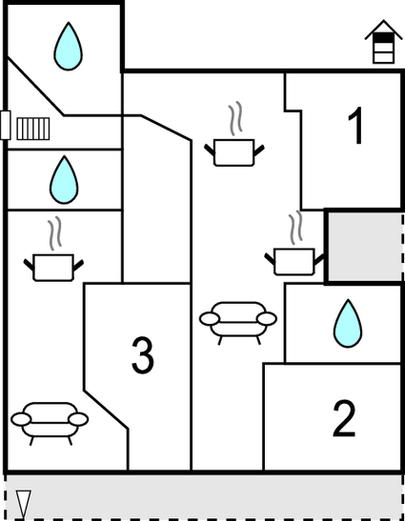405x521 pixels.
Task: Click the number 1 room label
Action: (x=356, y=128)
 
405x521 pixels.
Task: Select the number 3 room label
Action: (x=142, y=354)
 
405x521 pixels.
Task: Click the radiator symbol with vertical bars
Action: (x=32, y=127)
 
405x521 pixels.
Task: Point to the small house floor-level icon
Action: (x=382, y=43)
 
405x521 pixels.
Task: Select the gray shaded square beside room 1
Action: (x=364, y=246)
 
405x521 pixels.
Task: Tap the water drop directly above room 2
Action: (x=347, y=324)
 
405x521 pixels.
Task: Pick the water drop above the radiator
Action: (x=67, y=47)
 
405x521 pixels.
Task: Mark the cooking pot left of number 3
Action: (x=53, y=266)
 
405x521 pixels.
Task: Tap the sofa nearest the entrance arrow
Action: (x=49, y=420)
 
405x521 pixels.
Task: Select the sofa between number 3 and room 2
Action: (x=237, y=319)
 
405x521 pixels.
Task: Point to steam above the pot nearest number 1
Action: (x=234, y=120)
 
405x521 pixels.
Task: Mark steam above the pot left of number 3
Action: (x=55, y=234)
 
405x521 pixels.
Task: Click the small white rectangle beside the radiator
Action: (x=6, y=125)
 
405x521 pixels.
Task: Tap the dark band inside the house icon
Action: (x=382, y=39)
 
